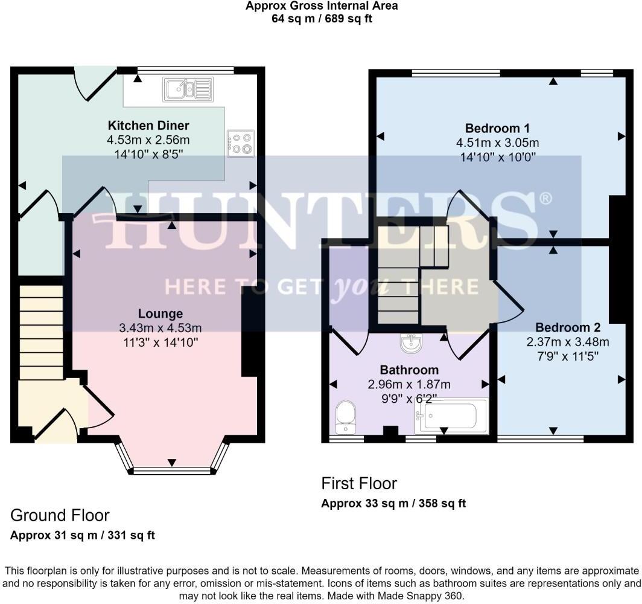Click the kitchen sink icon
click(188, 89)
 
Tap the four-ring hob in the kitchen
click(240, 143)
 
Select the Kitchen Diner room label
click(148, 126)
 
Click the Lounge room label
click(160, 313)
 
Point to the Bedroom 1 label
click(497, 128)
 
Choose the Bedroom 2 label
click(568, 327)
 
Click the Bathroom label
click(409, 370)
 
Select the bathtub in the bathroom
click(451, 416)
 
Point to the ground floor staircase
click(41, 332)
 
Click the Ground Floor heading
click(60, 515)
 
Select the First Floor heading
click(359, 483)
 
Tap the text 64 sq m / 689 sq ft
click(322, 18)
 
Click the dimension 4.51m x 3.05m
click(497, 143)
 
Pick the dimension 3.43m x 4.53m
click(160, 328)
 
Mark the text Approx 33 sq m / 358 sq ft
click(393, 503)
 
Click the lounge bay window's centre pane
click(172, 471)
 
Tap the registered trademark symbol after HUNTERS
click(545, 199)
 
